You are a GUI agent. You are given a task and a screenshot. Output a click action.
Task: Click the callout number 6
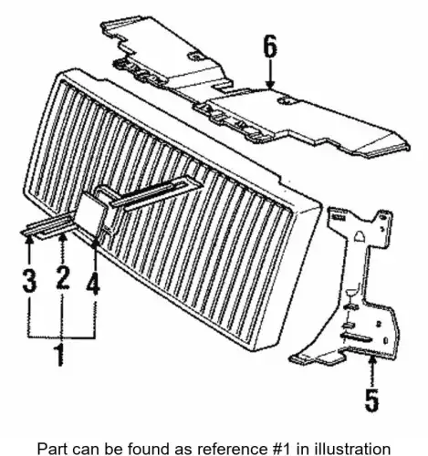click(270, 47)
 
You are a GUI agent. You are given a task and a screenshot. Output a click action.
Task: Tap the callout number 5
click(371, 399)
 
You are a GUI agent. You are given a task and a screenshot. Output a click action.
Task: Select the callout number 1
click(59, 355)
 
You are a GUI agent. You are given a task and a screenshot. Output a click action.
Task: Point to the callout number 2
click(63, 277)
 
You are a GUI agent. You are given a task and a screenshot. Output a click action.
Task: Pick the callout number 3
click(29, 279)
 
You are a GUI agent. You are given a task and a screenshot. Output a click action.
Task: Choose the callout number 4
click(93, 283)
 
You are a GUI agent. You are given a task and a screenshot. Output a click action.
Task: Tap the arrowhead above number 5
click(371, 361)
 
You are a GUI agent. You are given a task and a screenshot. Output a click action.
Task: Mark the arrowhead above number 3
click(29, 239)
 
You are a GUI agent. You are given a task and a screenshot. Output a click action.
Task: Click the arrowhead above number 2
click(63, 238)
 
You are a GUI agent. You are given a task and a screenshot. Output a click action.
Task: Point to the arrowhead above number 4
click(95, 243)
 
